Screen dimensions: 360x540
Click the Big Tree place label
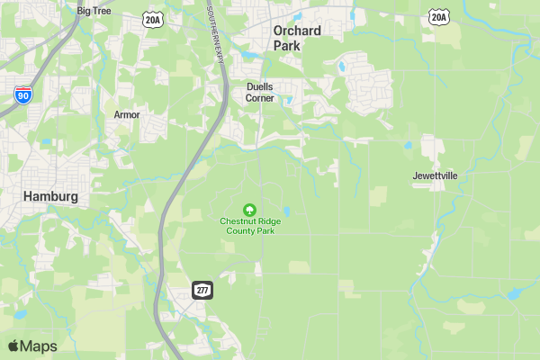94,11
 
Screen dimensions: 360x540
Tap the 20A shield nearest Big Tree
152,18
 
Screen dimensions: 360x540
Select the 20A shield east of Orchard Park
438,16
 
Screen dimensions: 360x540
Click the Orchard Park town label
297,37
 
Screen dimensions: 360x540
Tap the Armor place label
127,114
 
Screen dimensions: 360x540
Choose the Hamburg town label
50,195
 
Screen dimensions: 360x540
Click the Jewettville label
436,175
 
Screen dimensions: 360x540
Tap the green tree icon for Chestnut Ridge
250,209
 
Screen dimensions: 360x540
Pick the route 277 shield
202,288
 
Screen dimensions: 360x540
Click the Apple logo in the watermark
13,346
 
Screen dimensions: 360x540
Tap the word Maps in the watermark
39,346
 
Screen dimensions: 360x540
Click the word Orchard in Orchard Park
297,31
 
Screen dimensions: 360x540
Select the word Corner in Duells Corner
260,98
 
